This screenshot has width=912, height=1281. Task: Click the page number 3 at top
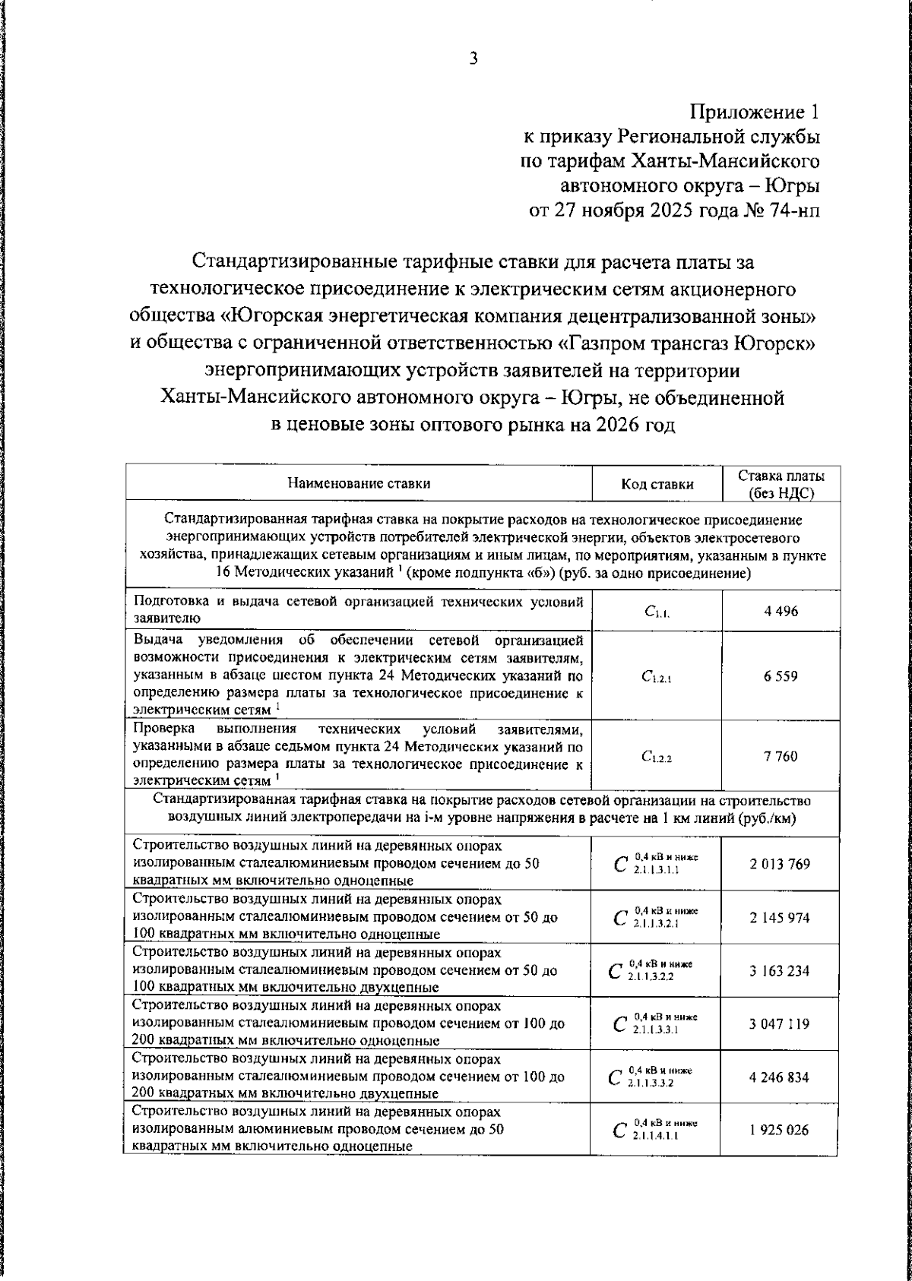[x=473, y=59]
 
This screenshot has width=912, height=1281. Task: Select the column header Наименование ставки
[x=359, y=483]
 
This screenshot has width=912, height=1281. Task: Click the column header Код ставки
[x=657, y=484]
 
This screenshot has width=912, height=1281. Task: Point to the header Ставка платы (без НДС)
[x=781, y=484]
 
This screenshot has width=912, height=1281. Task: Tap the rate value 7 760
[x=781, y=756]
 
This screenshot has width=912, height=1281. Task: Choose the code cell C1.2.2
[x=656, y=757]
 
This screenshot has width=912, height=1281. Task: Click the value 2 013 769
[x=780, y=864]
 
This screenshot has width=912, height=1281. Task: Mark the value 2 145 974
[x=780, y=917]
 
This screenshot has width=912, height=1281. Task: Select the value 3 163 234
[x=780, y=971]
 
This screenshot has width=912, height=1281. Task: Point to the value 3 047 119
[x=780, y=1024]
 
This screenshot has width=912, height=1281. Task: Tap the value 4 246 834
[x=780, y=1077]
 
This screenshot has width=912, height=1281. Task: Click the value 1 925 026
[x=780, y=1131]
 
